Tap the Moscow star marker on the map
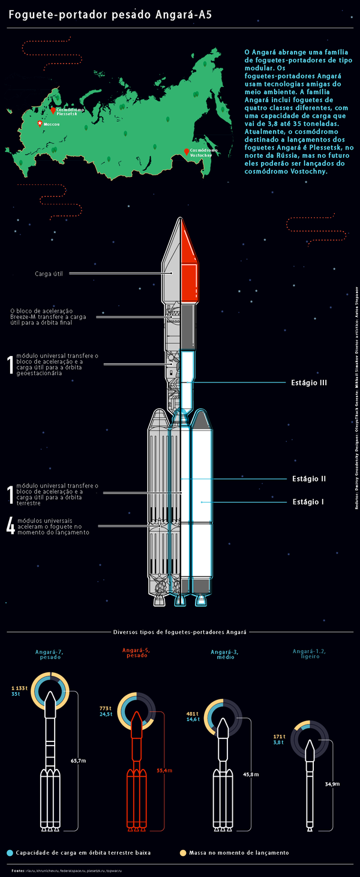[40, 123]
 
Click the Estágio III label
[308, 382]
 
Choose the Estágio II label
[308, 478]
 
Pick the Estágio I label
[308, 501]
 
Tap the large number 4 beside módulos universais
[10, 525]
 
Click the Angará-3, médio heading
[224, 654]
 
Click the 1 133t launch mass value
[20, 687]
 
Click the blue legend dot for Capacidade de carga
[9, 852]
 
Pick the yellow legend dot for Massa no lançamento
[182, 852]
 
